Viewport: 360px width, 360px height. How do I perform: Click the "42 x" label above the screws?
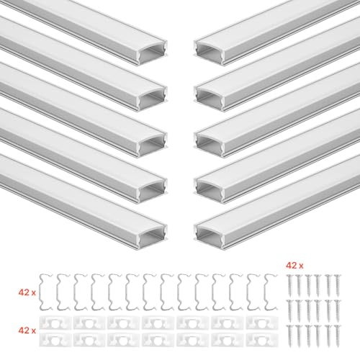click(294, 266)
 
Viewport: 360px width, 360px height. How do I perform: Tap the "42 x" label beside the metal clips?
click(27, 292)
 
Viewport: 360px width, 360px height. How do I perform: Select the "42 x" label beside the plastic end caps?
click(27, 330)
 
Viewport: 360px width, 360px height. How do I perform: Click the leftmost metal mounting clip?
click(45, 292)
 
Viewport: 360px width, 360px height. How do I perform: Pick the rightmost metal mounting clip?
click(271, 292)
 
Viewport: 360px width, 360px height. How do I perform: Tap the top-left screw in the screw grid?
click(289, 285)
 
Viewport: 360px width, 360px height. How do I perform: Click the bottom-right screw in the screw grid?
click(338, 336)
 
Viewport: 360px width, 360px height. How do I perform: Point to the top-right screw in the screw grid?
click(338, 285)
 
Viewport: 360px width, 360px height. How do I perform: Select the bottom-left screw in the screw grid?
click(289, 336)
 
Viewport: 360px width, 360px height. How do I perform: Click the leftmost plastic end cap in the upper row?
click(55, 323)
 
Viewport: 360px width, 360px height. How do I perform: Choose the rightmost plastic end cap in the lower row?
click(262, 340)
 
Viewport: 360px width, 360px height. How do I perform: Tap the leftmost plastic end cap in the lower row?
click(55, 340)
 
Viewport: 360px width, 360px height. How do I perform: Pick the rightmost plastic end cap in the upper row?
click(262, 323)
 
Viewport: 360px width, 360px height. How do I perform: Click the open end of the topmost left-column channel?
click(152, 53)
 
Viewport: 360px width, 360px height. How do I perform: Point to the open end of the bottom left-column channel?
click(152, 238)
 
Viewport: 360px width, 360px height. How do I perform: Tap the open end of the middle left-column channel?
click(152, 145)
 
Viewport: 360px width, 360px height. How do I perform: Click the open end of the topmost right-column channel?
click(210, 53)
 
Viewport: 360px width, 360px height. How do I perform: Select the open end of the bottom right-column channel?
click(210, 238)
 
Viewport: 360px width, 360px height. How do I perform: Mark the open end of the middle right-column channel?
click(210, 145)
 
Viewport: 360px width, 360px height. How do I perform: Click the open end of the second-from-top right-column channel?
click(210, 99)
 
